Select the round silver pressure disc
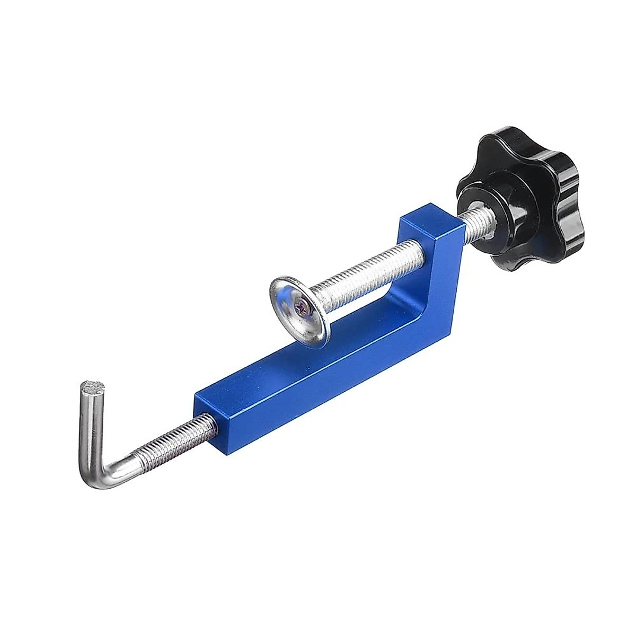299,308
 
